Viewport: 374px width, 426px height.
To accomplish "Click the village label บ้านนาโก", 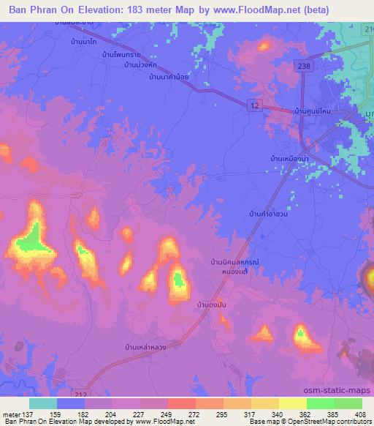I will [x=85, y=45].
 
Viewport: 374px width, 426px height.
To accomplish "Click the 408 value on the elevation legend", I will [x=360, y=414].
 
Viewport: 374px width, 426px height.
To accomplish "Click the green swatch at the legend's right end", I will [x=348, y=403].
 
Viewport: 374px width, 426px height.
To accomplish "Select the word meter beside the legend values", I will [x=10, y=414].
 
